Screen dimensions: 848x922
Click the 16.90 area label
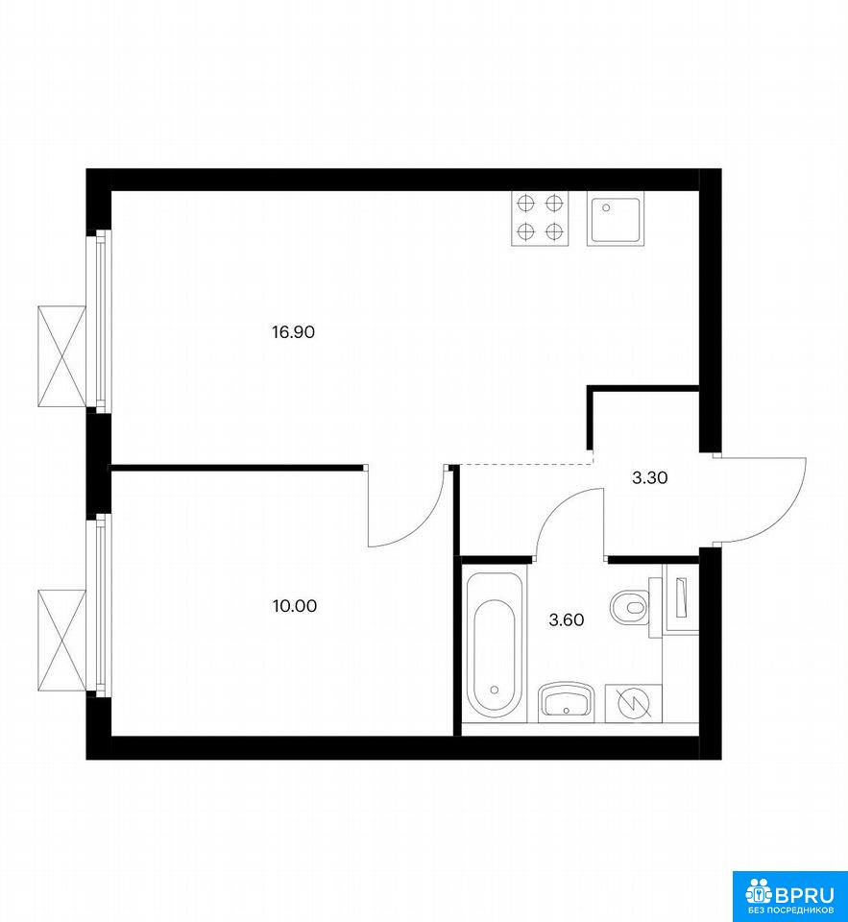coord(293,332)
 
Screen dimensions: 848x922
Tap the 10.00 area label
coord(295,606)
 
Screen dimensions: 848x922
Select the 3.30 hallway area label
coord(650,478)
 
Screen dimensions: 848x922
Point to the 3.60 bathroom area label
coord(567,619)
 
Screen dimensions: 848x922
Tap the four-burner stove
coord(540,219)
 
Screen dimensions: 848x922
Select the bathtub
coord(494,645)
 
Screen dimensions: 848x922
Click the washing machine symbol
coord(633,703)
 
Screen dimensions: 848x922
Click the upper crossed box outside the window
coord(61,356)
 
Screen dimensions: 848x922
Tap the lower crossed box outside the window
coord(61,641)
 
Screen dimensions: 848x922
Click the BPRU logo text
coord(805,895)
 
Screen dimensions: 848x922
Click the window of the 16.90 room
coord(99,320)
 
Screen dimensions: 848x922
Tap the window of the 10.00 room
coord(99,605)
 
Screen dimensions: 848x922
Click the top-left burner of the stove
coord(525,204)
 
